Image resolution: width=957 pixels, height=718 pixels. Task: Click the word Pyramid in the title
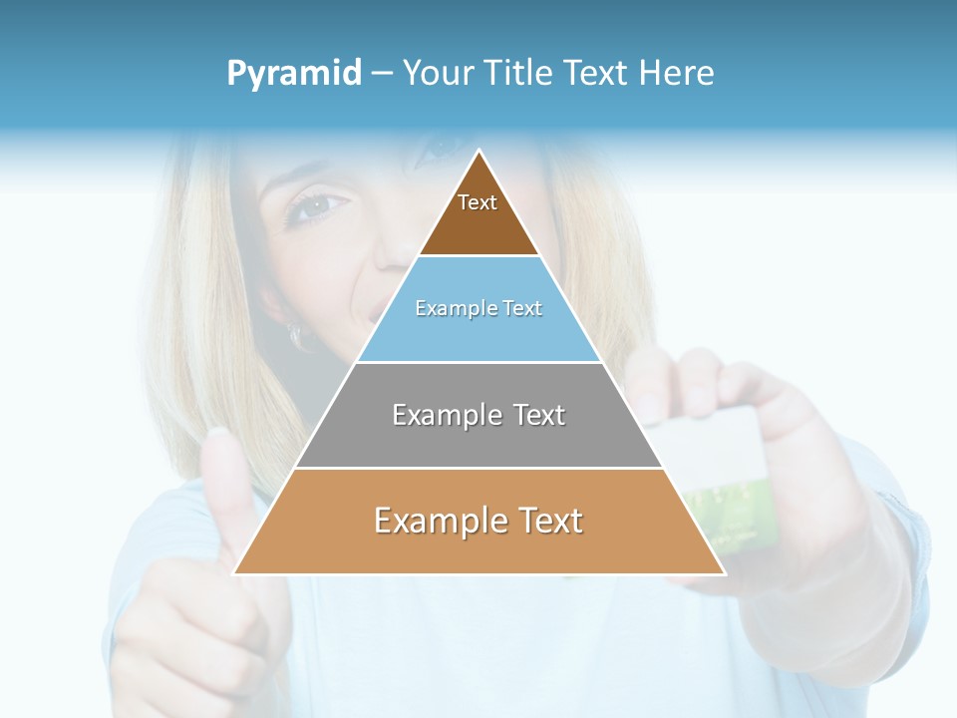click(x=294, y=74)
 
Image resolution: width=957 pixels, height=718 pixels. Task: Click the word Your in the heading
click(x=438, y=73)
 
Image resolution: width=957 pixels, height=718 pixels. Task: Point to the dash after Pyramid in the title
click(x=382, y=74)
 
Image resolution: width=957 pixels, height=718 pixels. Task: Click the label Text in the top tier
click(x=478, y=202)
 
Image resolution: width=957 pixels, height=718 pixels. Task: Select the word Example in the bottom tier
click(x=439, y=521)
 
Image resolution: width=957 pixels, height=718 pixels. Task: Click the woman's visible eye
click(x=316, y=206)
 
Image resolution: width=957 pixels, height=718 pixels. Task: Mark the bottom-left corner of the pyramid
click(x=235, y=573)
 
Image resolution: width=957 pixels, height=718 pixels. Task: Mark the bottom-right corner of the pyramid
click(x=724, y=573)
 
